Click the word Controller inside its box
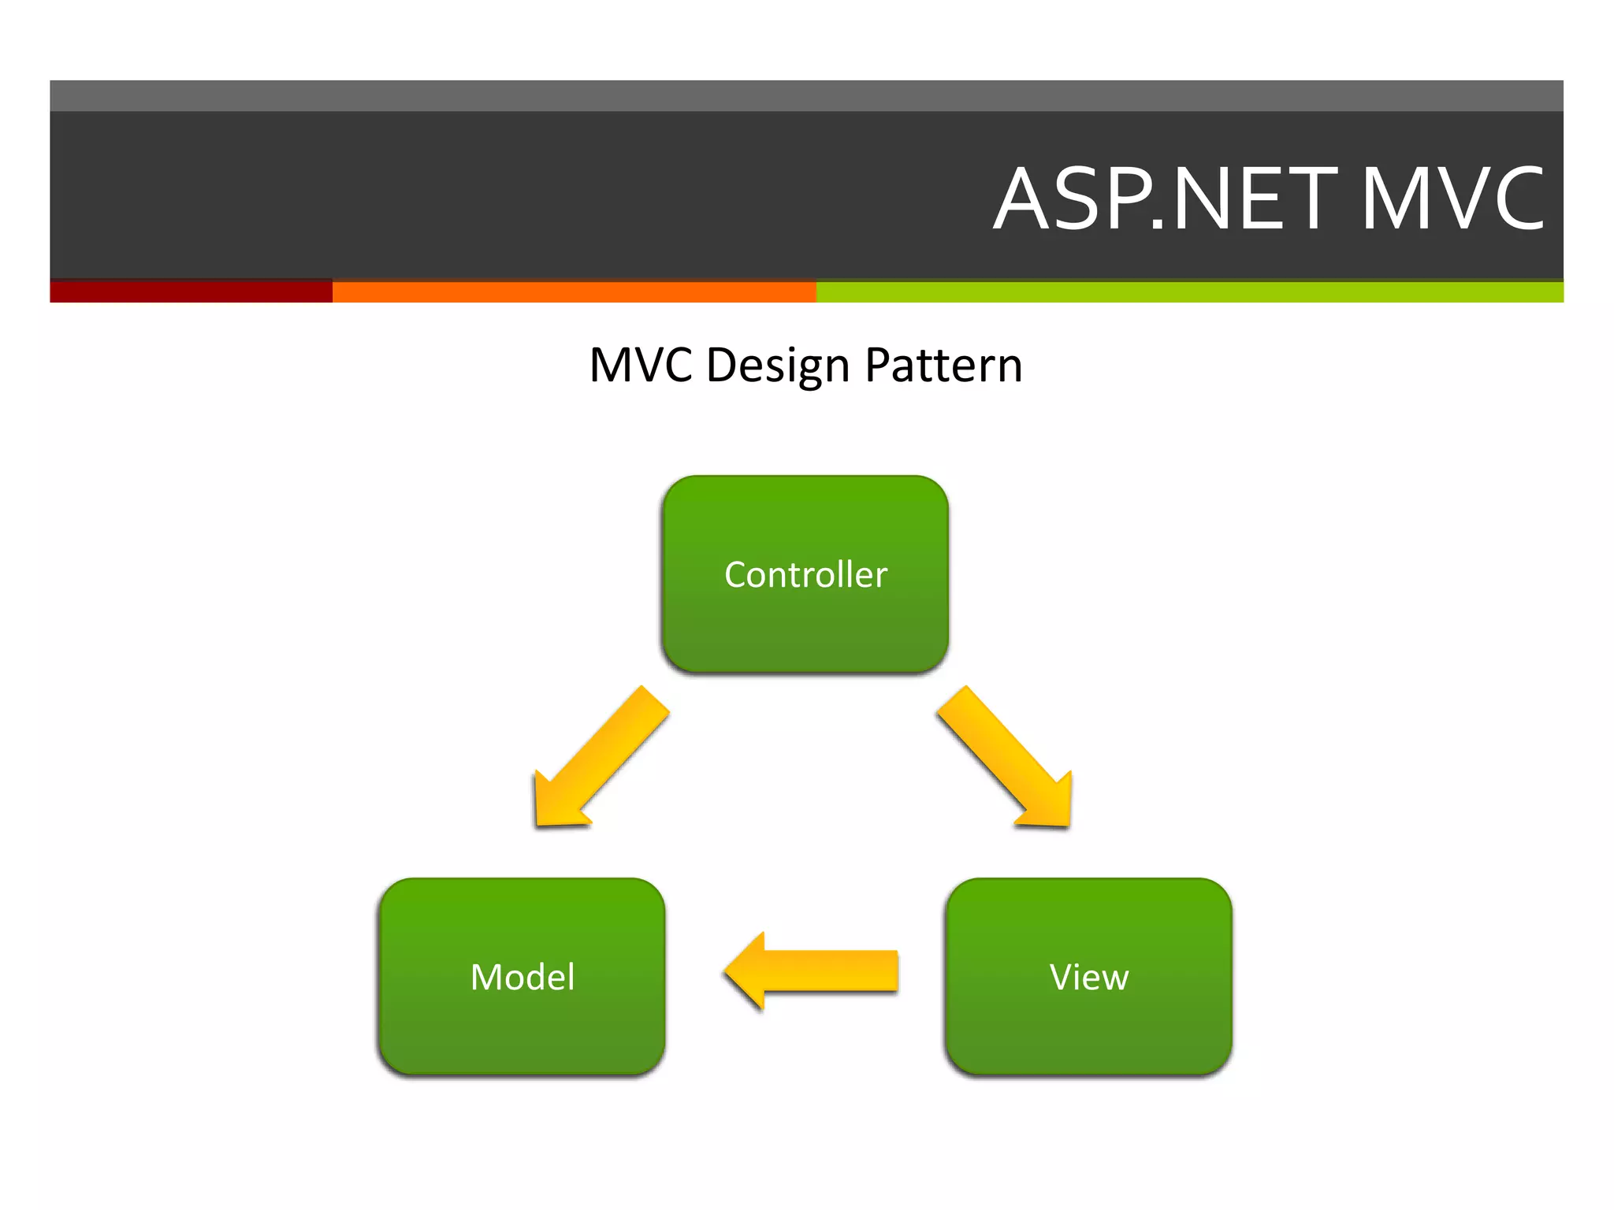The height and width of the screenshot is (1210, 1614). coord(805,574)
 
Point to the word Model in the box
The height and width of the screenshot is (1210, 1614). coord(522,977)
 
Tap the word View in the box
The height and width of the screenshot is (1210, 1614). coord(1088,977)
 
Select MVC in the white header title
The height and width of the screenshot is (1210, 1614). coord(1452,199)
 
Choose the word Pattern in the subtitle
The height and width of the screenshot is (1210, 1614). coord(943,366)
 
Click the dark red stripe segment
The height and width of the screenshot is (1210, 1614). coord(191,291)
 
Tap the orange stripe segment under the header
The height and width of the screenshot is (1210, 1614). coord(574,291)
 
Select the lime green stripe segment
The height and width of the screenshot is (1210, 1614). coord(1188,291)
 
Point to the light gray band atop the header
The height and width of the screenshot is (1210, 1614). coord(805,95)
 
